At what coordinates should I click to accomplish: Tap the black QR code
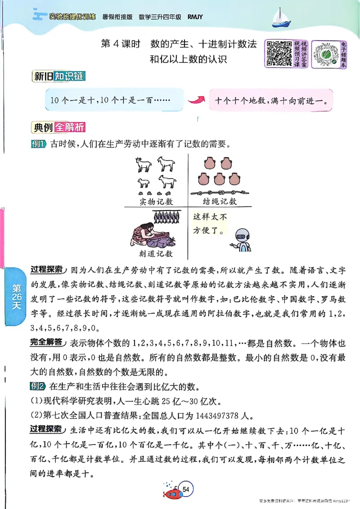279,53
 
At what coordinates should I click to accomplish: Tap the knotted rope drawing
219,191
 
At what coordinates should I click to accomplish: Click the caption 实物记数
156,201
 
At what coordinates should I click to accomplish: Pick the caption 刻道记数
156,253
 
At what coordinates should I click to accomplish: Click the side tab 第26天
17,296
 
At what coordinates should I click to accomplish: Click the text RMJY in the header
195,17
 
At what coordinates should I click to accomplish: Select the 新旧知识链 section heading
58,76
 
